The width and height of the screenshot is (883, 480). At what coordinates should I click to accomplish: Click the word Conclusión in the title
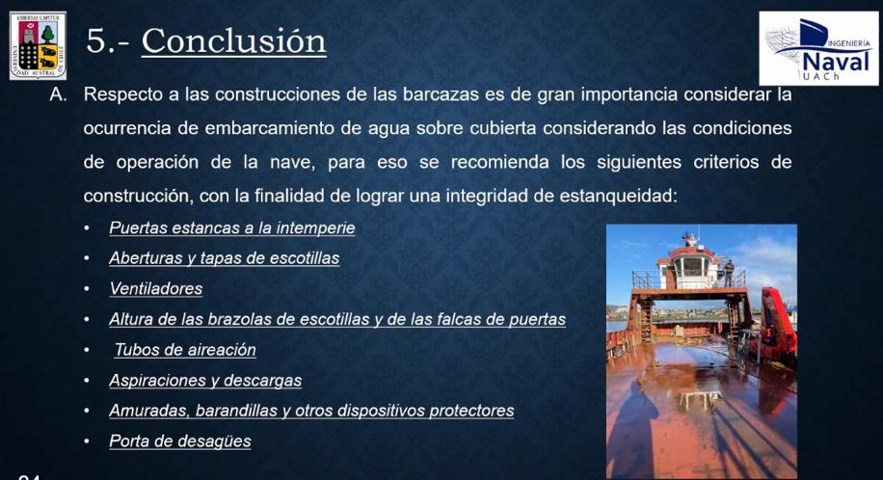click(233, 40)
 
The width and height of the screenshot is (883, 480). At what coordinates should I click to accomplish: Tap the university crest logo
click(38, 45)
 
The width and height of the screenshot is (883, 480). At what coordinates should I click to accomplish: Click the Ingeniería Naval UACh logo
click(818, 48)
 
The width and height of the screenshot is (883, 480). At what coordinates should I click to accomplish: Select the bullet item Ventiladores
click(156, 288)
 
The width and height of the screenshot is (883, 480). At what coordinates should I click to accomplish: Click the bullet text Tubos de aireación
click(185, 349)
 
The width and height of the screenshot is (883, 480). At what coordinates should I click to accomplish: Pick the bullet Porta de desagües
click(180, 441)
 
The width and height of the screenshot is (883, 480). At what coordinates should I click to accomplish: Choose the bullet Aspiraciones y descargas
click(205, 381)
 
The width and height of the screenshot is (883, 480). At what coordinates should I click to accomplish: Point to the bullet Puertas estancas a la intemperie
click(232, 227)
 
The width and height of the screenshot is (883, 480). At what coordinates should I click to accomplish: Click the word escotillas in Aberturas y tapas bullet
click(304, 258)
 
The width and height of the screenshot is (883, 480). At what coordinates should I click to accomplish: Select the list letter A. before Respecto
click(58, 94)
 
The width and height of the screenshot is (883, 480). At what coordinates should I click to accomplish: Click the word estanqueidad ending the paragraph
click(618, 196)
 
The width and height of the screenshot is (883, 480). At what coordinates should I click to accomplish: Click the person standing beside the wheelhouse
click(729, 273)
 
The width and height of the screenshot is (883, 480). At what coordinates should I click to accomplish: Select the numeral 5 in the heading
click(96, 41)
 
